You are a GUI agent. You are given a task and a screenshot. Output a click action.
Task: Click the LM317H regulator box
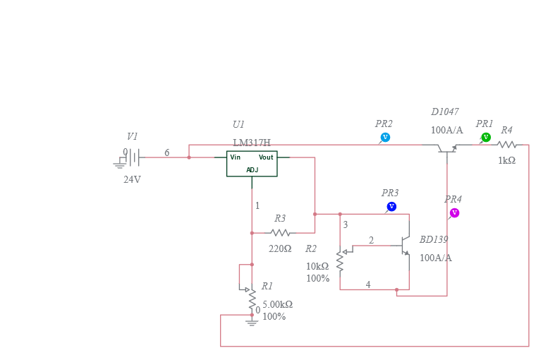[x=252, y=164]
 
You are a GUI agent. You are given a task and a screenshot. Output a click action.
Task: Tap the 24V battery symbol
[x=133, y=157]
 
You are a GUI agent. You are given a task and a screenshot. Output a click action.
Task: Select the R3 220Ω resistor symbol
[x=280, y=232]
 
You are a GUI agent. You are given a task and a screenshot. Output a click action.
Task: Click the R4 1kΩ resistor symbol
[x=506, y=145]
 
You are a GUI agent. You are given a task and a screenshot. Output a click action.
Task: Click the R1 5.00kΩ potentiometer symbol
[x=251, y=296]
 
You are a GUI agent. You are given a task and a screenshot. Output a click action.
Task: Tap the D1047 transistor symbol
[x=446, y=148]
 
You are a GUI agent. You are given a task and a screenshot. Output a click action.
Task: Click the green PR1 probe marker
[x=486, y=137]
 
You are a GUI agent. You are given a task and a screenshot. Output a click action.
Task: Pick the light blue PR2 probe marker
[x=385, y=137]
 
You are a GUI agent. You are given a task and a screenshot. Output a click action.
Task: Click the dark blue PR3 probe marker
[x=391, y=206]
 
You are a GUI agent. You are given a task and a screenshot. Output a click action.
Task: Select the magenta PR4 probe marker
[x=454, y=212]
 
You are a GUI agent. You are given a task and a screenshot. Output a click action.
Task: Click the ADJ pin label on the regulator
[x=252, y=170]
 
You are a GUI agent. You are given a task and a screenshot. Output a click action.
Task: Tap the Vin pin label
[x=236, y=157]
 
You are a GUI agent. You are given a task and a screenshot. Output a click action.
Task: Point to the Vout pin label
[x=266, y=157]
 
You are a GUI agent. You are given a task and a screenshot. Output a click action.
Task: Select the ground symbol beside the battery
[x=118, y=165]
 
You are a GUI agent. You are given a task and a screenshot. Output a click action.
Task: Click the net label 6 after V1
[x=166, y=152]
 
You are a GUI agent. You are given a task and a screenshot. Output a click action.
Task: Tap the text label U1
[x=238, y=124]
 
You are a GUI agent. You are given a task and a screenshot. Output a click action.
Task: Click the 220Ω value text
[x=280, y=248]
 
